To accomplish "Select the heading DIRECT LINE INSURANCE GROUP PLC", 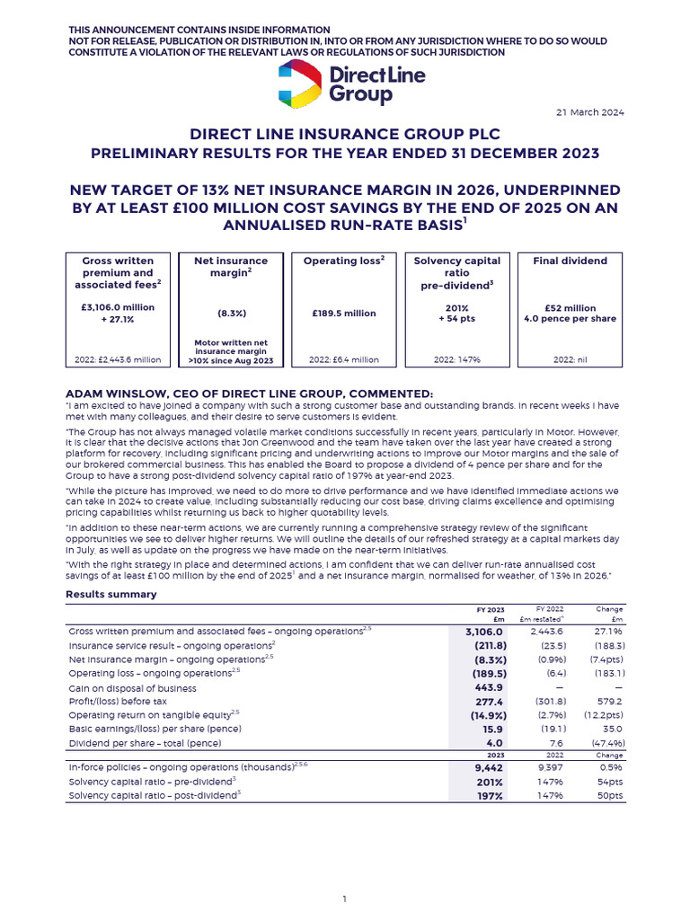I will pos(344,134).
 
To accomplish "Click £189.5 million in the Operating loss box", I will pos(345,314).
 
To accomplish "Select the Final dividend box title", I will pos(570,261).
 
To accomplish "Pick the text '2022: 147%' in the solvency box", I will pos(457,359).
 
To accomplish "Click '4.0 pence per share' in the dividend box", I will pos(570,318).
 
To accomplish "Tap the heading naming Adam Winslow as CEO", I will pos(250,394).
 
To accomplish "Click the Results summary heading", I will pos(111,594).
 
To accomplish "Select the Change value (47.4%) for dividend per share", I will pos(604,743).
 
